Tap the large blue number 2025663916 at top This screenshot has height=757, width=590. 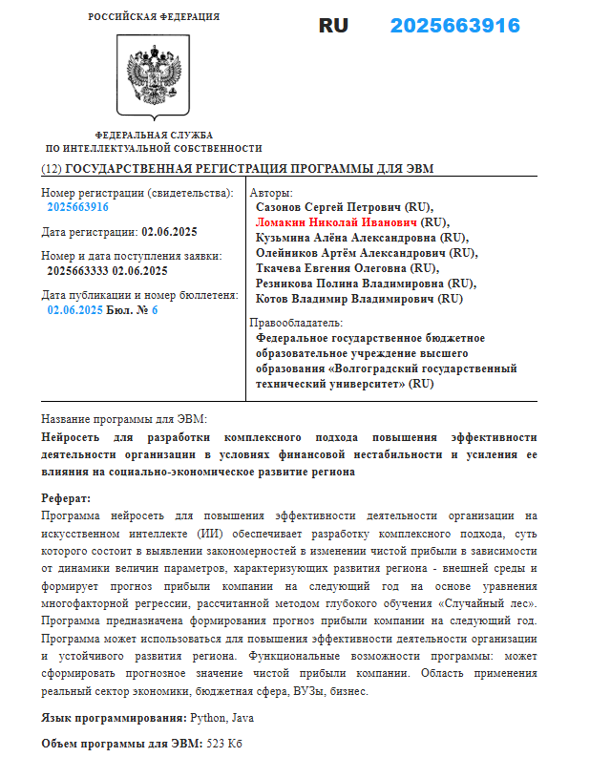(454, 26)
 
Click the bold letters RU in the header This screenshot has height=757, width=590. (333, 26)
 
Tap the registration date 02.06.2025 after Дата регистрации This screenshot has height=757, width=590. (169, 232)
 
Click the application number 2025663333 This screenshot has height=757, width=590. (77, 271)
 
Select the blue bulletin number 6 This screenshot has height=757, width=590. (155, 310)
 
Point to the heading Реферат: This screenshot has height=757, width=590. (66, 498)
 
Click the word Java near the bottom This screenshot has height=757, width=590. (240, 718)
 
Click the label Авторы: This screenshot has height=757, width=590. (271, 193)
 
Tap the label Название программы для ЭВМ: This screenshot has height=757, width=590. (124, 420)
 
